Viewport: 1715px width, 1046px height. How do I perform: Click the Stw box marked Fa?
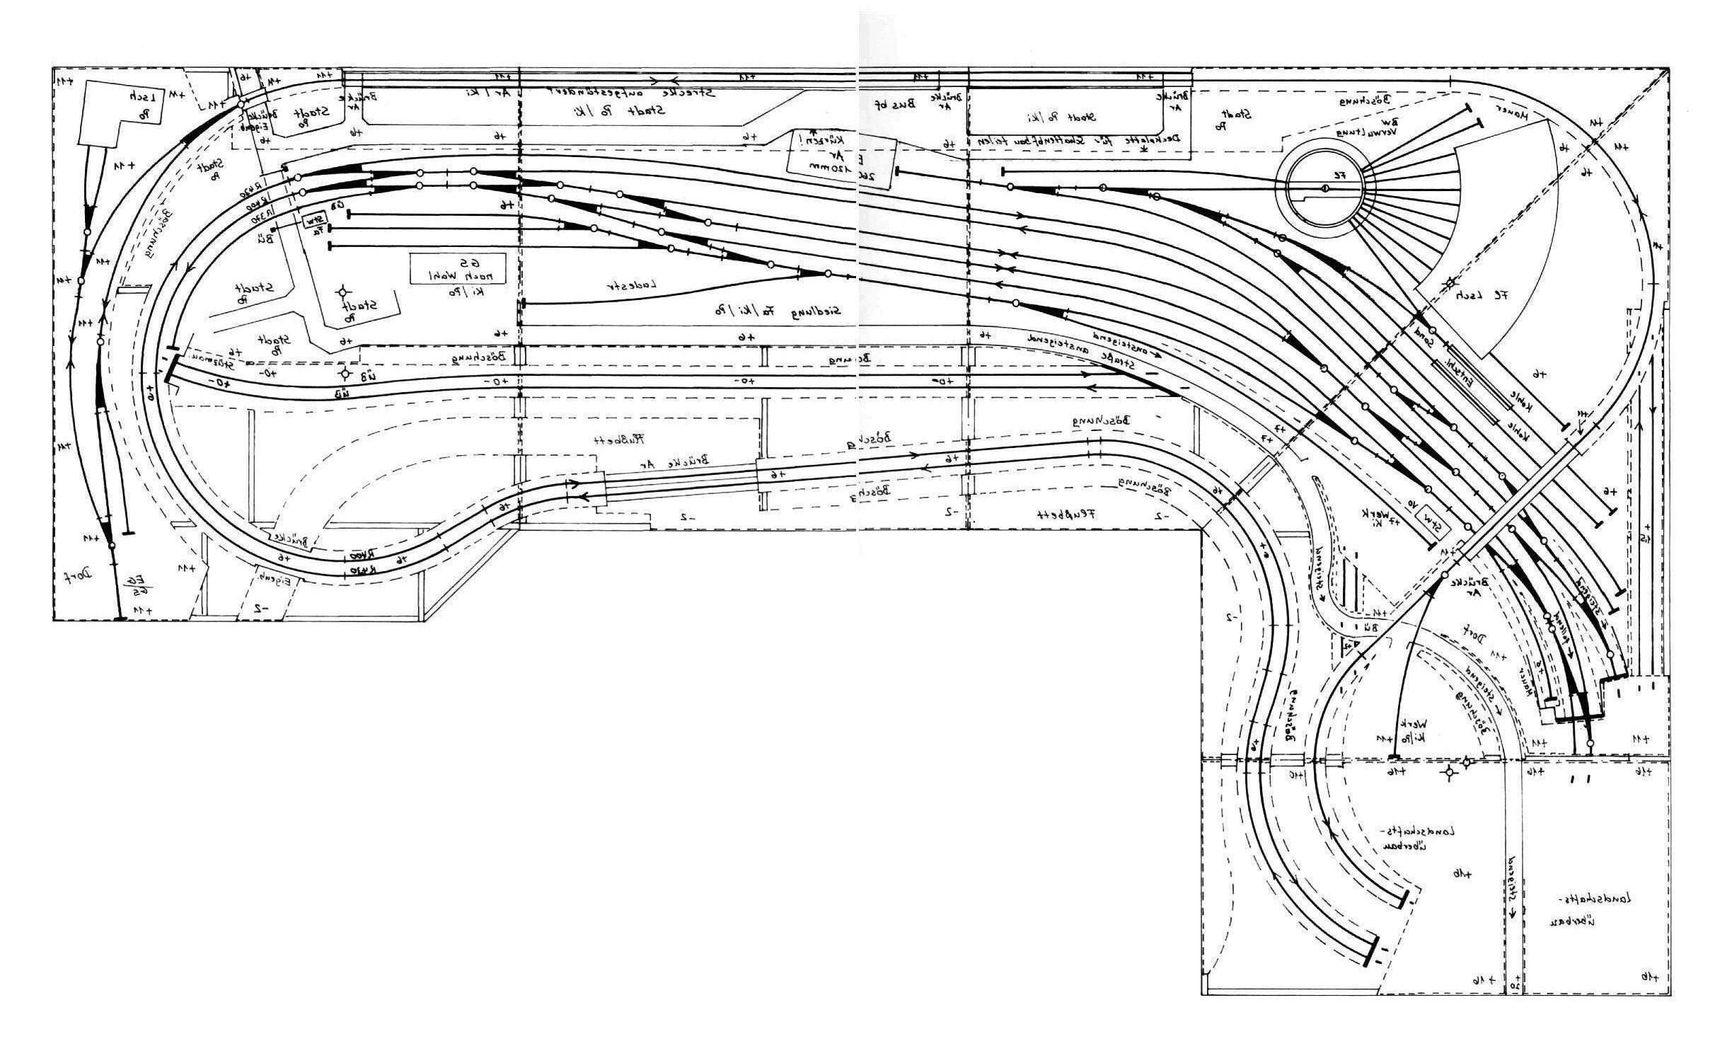316,223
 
